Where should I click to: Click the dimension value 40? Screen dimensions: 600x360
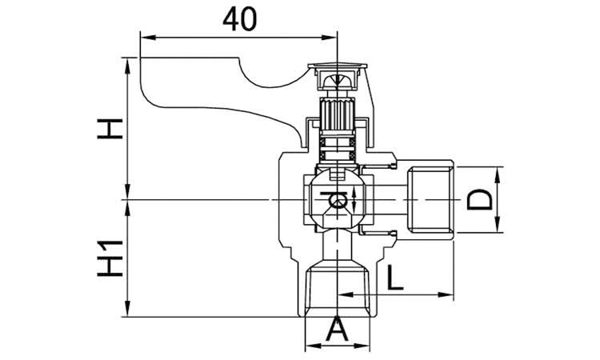click(x=239, y=20)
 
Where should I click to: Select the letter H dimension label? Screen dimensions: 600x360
click(x=110, y=129)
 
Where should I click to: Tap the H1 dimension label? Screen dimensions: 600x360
click(x=110, y=258)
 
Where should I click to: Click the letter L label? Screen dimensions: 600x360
click(x=395, y=277)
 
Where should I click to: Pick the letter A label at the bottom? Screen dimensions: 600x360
click(x=337, y=328)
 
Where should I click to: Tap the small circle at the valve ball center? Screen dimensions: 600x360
click(x=338, y=202)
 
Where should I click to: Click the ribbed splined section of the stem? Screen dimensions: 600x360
click(x=337, y=114)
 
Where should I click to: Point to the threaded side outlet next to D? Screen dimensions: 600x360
click(x=430, y=200)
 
